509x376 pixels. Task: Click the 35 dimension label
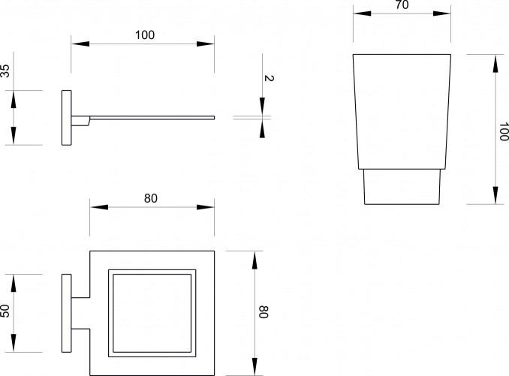point(5,71)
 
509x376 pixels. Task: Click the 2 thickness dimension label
point(269,78)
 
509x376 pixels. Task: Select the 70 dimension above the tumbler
point(402,5)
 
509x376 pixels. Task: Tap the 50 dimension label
point(5,311)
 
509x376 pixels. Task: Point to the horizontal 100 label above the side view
point(145,35)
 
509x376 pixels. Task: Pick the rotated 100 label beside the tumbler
point(504,132)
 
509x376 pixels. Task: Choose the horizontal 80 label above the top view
point(151,198)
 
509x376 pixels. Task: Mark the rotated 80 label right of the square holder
point(264,312)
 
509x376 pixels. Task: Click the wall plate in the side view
point(67,118)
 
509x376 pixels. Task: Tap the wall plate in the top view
point(67,314)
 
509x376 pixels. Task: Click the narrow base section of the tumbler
point(402,187)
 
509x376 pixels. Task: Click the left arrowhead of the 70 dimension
point(362,14)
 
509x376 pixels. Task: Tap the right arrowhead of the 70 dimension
point(441,14)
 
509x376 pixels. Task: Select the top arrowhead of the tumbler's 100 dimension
point(495,63)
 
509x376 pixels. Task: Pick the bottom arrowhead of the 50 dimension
point(14,344)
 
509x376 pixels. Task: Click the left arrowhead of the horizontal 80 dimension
point(99,207)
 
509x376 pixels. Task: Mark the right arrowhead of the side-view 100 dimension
point(206,44)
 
